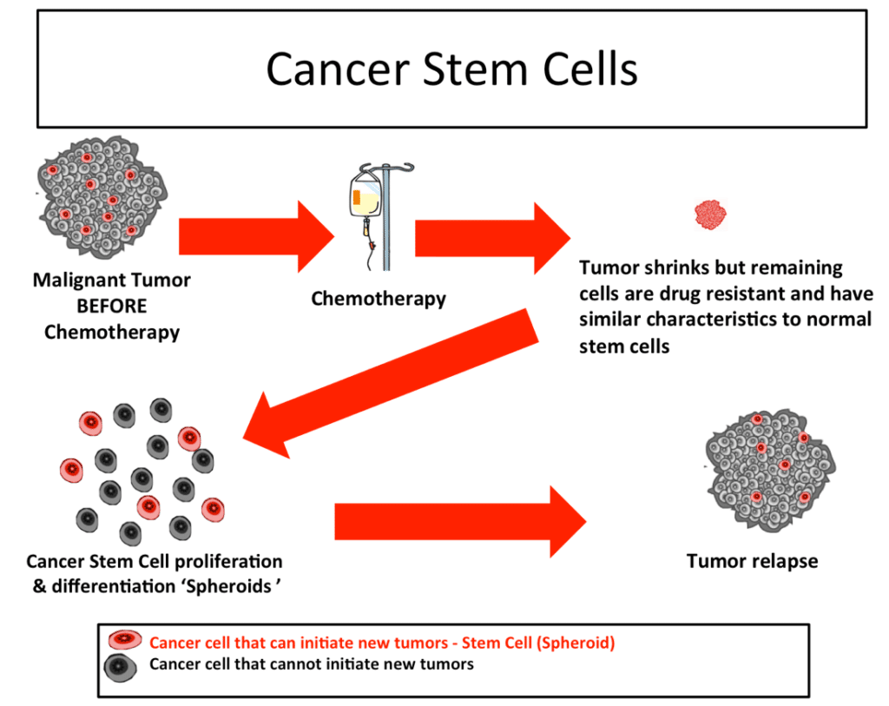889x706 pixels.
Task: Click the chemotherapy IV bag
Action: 365,196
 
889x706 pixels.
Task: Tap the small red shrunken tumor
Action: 711,214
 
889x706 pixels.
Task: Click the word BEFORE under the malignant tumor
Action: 112,306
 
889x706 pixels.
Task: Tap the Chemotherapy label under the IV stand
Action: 379,300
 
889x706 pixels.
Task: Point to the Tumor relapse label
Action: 752,561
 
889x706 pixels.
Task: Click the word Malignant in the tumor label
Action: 76,280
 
